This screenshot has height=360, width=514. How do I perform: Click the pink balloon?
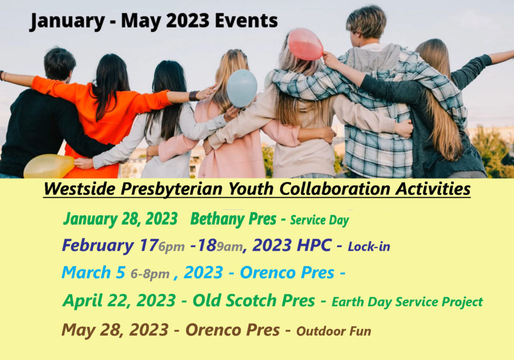point(305,44)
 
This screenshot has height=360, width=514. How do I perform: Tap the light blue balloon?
point(242,88)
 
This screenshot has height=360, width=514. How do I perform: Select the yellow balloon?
point(49,166)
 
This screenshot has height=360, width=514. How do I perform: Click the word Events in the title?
point(246,21)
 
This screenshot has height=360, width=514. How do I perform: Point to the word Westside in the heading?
point(80,189)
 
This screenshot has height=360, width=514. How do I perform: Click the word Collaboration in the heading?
point(335,189)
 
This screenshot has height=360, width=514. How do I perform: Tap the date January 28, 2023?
point(120,219)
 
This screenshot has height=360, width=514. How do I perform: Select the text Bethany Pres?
point(233,219)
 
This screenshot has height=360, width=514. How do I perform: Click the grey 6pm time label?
point(172,246)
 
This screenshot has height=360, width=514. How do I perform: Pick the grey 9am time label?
point(229,246)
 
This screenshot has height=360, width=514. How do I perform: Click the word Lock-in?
point(369,246)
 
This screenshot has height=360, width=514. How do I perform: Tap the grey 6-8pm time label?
point(150,274)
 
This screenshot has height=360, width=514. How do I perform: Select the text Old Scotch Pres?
point(254,300)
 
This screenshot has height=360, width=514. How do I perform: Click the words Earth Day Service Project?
point(407,302)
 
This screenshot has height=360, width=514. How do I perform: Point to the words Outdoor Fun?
point(334,331)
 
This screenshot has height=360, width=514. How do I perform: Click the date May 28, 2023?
point(115,330)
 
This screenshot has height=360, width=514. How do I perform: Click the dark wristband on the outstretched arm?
point(193,96)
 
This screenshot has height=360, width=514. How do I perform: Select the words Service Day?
point(319,220)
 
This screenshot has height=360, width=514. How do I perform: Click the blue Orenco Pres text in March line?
point(287,273)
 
